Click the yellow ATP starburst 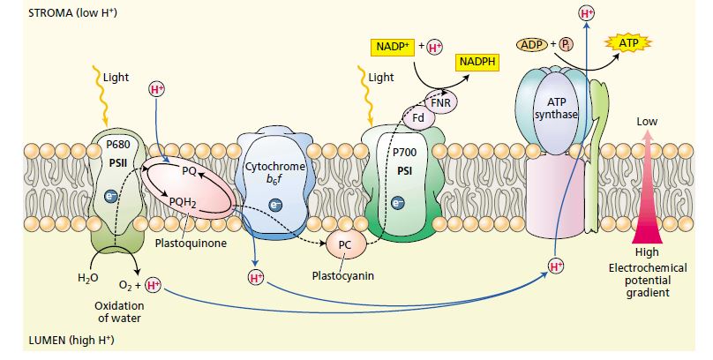coord(628,41)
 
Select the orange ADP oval coord(532,41)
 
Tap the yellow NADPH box coord(475,61)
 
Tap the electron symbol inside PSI coord(398,203)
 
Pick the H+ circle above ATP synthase coord(586,13)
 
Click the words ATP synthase coord(557,108)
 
